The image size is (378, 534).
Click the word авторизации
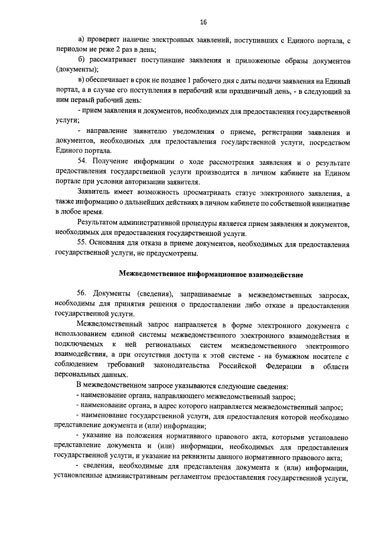point(145,183)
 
